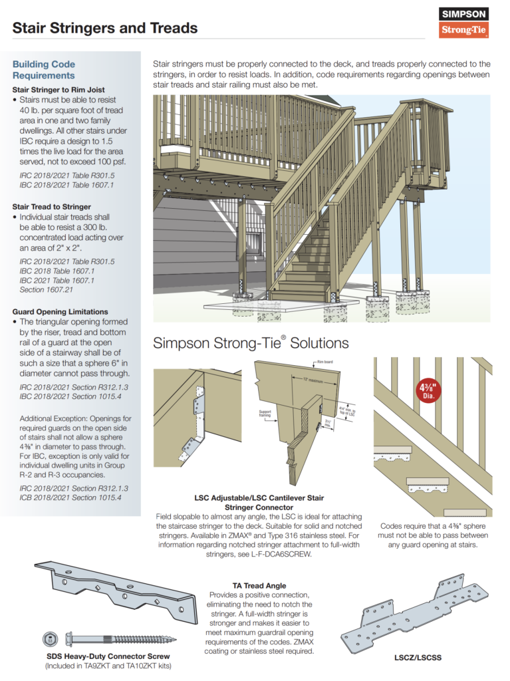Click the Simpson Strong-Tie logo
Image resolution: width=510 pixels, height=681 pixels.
click(x=464, y=22)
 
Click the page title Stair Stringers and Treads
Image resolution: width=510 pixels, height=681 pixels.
click(x=105, y=28)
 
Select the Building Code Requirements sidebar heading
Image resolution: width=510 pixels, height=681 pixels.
click(x=44, y=70)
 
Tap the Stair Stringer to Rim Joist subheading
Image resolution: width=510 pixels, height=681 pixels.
click(x=59, y=90)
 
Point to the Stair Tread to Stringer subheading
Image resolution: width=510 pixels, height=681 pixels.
click(x=52, y=207)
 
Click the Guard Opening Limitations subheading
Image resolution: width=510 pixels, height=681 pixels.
click(x=61, y=311)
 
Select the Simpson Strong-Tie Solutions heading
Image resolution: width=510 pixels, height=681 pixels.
click(x=251, y=343)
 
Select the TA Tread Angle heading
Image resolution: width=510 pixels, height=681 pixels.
click(x=259, y=586)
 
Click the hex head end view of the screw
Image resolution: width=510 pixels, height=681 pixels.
click(x=49, y=640)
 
